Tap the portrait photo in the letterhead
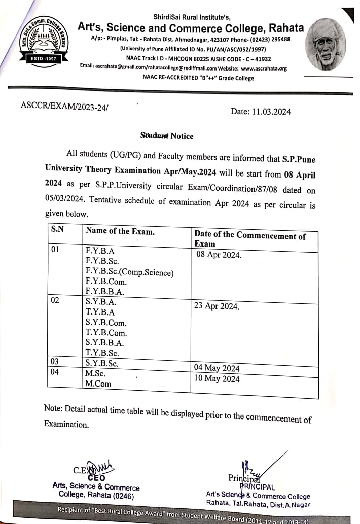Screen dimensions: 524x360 click(327, 45)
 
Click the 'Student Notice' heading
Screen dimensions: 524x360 click(167, 136)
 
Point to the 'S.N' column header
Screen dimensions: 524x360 click(57, 229)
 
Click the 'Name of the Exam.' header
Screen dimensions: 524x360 click(120, 231)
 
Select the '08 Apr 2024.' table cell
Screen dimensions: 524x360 click(219, 254)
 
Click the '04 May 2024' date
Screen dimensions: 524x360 click(217, 368)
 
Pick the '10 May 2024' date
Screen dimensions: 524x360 click(217, 379)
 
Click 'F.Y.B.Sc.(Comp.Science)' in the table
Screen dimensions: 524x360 click(130, 272)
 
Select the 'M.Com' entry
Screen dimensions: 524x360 click(98, 384)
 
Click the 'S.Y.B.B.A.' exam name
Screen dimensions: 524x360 click(105, 342)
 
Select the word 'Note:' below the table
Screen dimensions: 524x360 click(54, 408)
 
